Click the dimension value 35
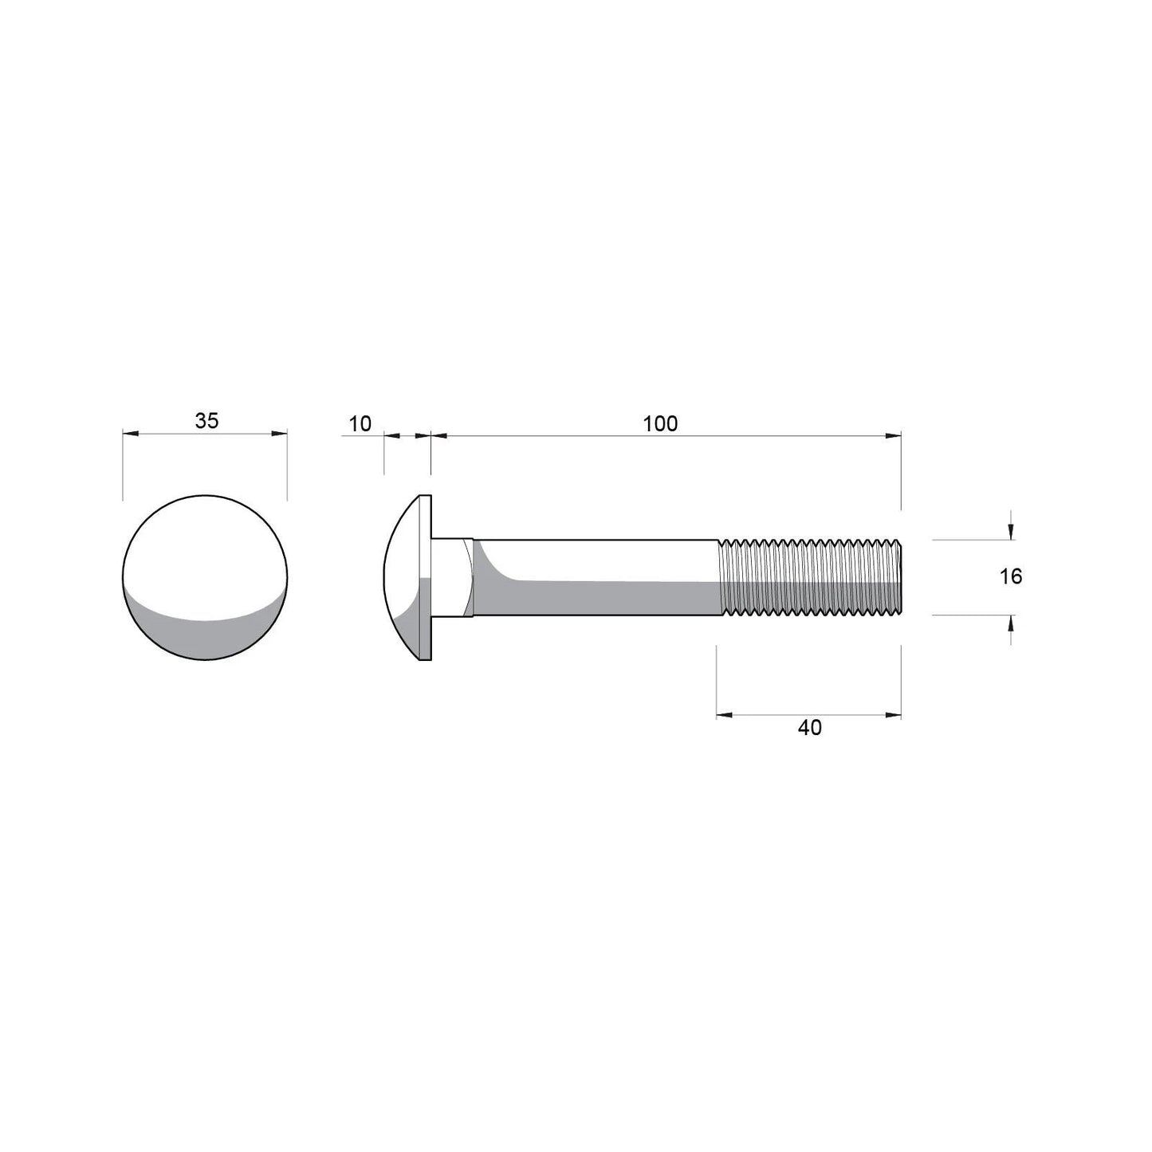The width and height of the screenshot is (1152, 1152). point(206,421)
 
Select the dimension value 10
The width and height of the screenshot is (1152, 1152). point(360,423)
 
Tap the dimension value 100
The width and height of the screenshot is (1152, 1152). point(660,423)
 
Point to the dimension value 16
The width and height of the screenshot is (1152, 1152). point(1011,576)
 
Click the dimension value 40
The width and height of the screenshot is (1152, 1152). point(809,727)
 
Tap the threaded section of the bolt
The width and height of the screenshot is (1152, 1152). point(809,577)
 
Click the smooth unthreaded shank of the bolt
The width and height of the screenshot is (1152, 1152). point(598,577)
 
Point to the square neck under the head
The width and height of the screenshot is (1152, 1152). point(453,577)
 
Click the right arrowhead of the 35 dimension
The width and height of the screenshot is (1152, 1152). point(279,434)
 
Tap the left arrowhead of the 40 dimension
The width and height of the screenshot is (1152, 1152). point(724,715)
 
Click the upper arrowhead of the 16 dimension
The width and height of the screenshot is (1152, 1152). point(1011,531)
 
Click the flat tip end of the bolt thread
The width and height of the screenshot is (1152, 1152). point(900,577)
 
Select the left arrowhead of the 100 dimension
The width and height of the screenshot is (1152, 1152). point(438,435)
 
